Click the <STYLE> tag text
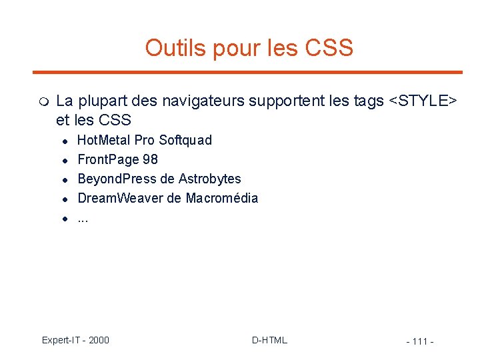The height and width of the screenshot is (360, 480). tap(423, 101)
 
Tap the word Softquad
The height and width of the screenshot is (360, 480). tap(185, 140)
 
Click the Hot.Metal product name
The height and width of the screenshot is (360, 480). tap(104, 140)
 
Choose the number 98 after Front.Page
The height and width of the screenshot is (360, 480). tap(151, 159)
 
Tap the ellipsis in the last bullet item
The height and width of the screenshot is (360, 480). tap(83, 219)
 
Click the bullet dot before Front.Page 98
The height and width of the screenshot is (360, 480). tap(66, 160)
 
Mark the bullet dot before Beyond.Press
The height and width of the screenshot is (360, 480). tap(66, 179)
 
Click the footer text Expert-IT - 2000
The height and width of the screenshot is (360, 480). tap(75, 340)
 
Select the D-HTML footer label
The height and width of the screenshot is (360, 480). tap(269, 340)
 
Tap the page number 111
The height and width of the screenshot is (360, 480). tap(420, 342)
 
